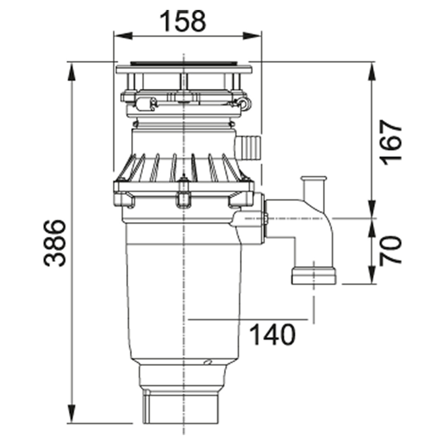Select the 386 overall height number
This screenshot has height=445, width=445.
55,243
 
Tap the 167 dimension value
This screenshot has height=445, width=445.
390,143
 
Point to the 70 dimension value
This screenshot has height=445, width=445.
390,250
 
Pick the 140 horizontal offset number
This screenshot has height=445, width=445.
272,335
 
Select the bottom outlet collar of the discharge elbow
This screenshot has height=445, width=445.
313,276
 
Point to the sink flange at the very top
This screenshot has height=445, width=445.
183,68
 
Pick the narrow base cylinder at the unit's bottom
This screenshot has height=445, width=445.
180,408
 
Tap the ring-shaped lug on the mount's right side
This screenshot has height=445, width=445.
244,103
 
